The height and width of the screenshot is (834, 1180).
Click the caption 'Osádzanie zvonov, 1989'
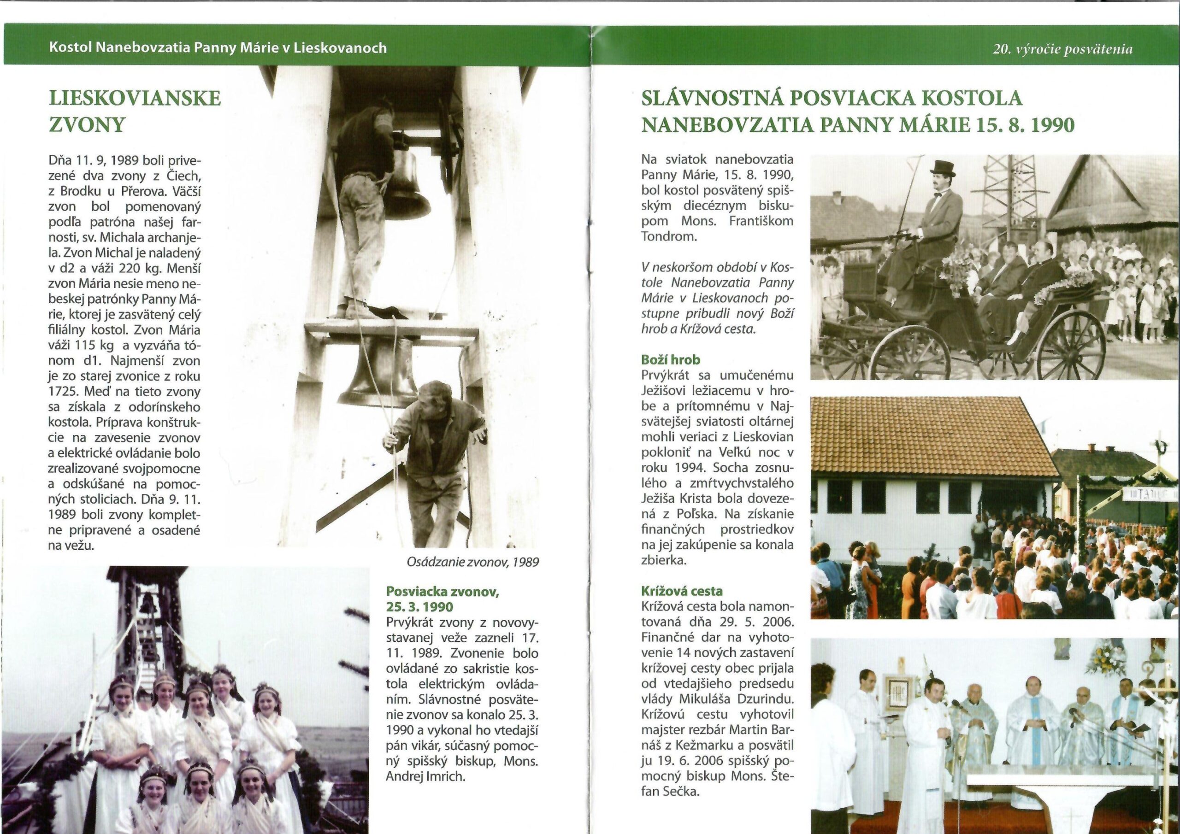pos(472,562)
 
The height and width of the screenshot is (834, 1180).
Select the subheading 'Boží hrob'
pos(670,360)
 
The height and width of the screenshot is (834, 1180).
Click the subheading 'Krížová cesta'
pos(681,592)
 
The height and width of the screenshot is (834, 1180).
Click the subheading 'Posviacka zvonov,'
pos(442,592)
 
